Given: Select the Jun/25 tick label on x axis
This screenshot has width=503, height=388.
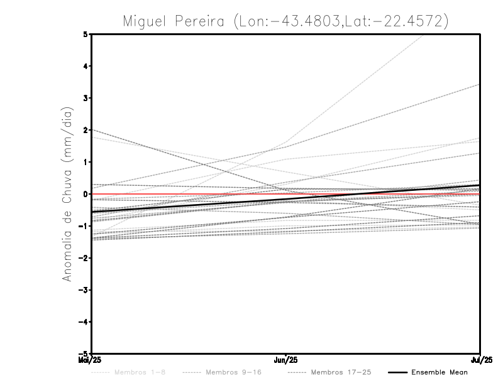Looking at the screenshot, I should [x=286, y=360].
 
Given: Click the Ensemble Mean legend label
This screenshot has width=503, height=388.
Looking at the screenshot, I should [x=439, y=372].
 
